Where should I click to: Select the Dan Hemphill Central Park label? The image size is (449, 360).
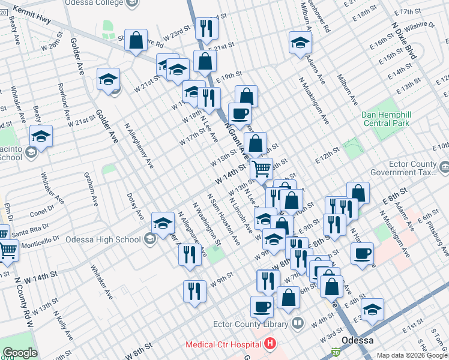(x=385, y=119)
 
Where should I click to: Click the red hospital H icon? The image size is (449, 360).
(x=270, y=344)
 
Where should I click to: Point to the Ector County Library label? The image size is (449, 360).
(x=250, y=325)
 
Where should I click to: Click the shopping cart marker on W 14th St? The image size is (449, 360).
(x=261, y=169)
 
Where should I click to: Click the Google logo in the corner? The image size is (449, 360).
(x=20, y=353)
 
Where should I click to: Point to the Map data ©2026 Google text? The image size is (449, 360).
(x=412, y=355)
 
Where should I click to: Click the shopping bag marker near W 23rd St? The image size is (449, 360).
(x=136, y=41)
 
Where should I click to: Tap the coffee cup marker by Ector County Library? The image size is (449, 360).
(x=261, y=307)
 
